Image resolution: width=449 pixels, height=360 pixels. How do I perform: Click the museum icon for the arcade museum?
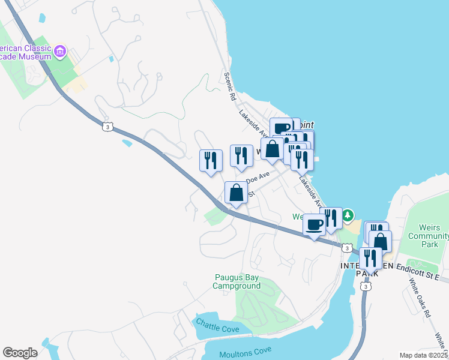pyautogui.click(x=59, y=52)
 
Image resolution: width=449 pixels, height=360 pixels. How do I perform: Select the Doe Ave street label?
pyautogui.click(x=259, y=178)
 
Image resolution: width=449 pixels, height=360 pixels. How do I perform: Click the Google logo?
pyautogui.click(x=20, y=353)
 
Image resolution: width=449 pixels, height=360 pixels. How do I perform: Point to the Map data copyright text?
pyautogui.click(x=423, y=355)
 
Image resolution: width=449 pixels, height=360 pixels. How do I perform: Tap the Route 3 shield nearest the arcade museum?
pyautogui.click(x=107, y=127)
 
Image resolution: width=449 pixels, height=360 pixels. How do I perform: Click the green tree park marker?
pyautogui.click(x=348, y=215)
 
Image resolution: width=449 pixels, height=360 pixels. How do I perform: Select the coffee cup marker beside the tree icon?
pyautogui.click(x=314, y=225)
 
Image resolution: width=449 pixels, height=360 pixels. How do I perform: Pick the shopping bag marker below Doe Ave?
pyautogui.click(x=236, y=193)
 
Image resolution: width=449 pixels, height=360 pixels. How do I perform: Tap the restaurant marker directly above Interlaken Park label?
pyautogui.click(x=370, y=258)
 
